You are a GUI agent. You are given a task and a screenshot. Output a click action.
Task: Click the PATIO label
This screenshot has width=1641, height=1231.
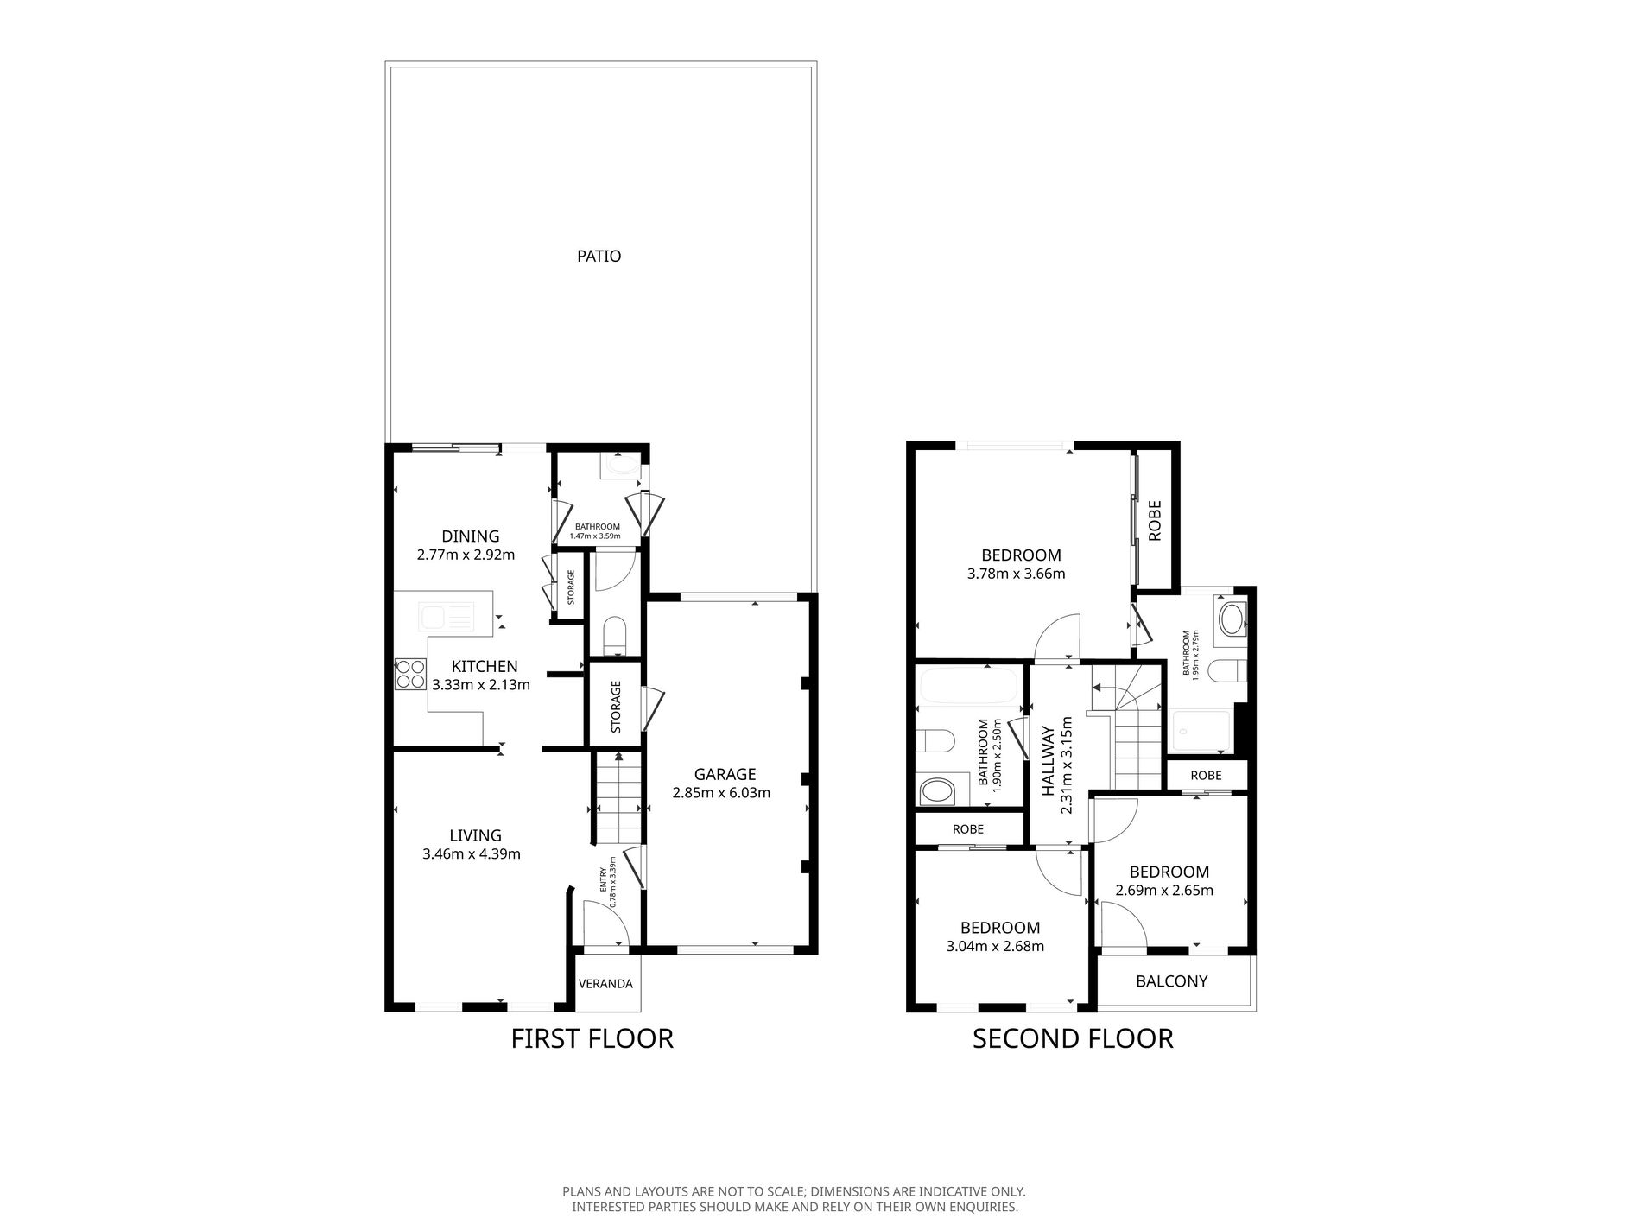pyautogui.click(x=599, y=257)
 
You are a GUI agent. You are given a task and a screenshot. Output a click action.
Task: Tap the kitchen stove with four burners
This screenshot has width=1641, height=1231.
pyautogui.click(x=409, y=674)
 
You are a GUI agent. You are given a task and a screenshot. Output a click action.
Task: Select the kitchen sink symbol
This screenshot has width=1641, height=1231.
pyautogui.click(x=447, y=617)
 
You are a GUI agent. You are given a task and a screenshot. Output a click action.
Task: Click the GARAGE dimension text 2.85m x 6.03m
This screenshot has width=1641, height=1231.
pyautogui.click(x=721, y=792)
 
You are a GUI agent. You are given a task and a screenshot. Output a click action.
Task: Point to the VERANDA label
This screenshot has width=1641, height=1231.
pyautogui.click(x=605, y=984)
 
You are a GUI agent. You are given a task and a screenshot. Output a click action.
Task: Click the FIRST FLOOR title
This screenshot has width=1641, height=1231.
pyautogui.click(x=592, y=1038)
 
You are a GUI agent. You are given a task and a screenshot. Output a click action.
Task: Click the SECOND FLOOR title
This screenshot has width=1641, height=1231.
pyautogui.click(x=1073, y=1038)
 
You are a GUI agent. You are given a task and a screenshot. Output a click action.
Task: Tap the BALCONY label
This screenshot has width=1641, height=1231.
pyautogui.click(x=1172, y=981)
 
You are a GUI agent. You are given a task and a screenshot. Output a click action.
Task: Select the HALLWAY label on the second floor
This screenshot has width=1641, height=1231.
pyautogui.click(x=1048, y=761)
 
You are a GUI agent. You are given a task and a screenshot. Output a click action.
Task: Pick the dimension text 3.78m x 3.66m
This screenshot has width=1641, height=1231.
pyautogui.click(x=1017, y=574)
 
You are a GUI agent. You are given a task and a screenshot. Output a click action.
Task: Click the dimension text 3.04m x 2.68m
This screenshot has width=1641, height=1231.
pyautogui.click(x=996, y=946)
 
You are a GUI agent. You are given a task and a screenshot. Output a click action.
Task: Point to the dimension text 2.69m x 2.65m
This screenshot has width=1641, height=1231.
pyautogui.click(x=1165, y=891)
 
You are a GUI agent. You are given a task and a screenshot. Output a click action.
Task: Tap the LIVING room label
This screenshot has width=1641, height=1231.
pyautogui.click(x=475, y=835)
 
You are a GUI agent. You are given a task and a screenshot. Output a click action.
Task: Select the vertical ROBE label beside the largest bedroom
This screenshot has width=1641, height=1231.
pyautogui.click(x=1156, y=521)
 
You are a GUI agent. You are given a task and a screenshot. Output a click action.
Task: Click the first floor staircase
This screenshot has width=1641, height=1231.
pyautogui.click(x=618, y=798)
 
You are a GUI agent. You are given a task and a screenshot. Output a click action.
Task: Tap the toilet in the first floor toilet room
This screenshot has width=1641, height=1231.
pyautogui.click(x=614, y=634)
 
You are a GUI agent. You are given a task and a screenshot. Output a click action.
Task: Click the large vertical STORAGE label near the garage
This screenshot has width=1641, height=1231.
pyautogui.click(x=616, y=707)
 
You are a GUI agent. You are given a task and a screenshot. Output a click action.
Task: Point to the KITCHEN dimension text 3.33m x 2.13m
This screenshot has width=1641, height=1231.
pyautogui.click(x=481, y=685)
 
